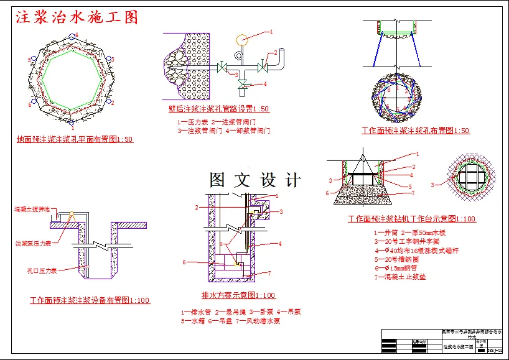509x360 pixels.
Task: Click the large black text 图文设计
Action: pyautogui.click(x=255, y=180)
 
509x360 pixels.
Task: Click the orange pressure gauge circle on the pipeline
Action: pyautogui.click(x=241, y=39)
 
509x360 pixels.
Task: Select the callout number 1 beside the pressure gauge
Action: pyautogui.click(x=271, y=31)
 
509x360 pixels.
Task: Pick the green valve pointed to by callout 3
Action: pyautogui.click(x=222, y=66)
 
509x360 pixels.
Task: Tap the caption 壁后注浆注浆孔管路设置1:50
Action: pyautogui.click(x=218, y=109)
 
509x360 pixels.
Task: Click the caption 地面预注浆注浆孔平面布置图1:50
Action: pyautogui.click(x=75, y=139)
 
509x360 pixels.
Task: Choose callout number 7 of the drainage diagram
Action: pyautogui.click(x=269, y=273)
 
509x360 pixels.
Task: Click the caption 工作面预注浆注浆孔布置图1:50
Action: pyautogui.click(x=416, y=131)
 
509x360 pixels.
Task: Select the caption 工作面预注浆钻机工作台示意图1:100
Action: pyautogui.click(x=412, y=219)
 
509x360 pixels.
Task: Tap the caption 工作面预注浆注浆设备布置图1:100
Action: pyautogui.click(x=90, y=300)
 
